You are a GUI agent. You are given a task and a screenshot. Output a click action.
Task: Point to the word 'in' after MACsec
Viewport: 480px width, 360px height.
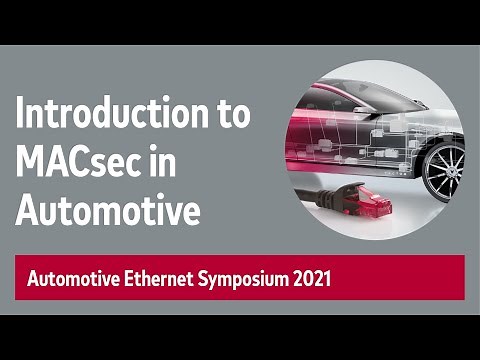[181, 163]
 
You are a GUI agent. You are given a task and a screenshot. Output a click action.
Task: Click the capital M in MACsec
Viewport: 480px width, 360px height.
[30, 163]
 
